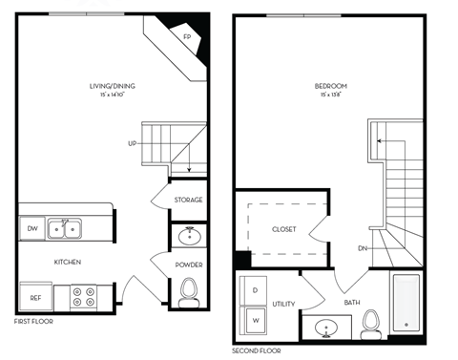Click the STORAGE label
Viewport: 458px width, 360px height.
pos(188,200)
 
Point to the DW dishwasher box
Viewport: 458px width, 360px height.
pos(31,227)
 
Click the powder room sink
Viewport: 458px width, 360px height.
pos(188,235)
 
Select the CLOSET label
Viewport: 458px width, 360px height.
pos(284,230)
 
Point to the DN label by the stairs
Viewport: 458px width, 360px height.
pos(364,249)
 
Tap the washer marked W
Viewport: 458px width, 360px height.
pos(255,320)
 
